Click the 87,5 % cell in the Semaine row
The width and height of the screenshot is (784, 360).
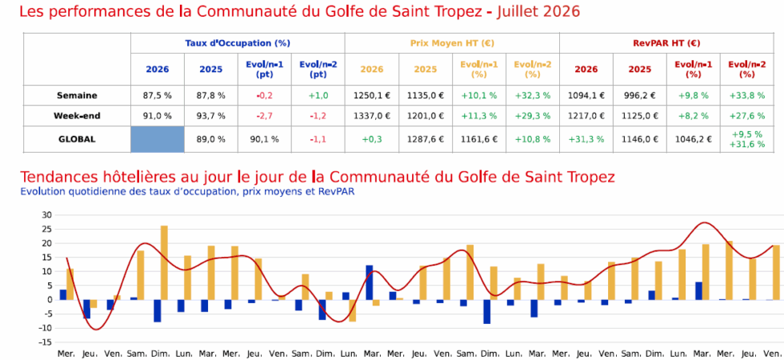pyautogui.click(x=158, y=95)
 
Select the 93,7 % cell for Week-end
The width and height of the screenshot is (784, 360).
pyautogui.click(x=211, y=116)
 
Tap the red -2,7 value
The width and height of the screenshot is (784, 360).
pyautogui.click(x=265, y=116)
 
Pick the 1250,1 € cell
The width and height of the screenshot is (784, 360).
pyautogui.click(x=371, y=95)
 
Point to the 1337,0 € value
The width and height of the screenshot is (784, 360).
pyautogui.click(x=371, y=116)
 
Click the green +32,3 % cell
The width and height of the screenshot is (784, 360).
pyautogui.click(x=533, y=95)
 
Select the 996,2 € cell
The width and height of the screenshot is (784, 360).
pyautogui.click(x=639, y=95)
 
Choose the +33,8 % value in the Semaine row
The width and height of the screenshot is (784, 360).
pyautogui.click(x=746, y=95)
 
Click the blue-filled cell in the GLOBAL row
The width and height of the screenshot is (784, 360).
pyautogui.click(x=158, y=139)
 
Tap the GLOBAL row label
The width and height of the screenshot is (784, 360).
pyautogui.click(x=77, y=139)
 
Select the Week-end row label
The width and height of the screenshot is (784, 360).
pyautogui.click(x=77, y=116)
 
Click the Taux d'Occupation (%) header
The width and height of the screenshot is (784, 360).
pyautogui.click(x=238, y=43)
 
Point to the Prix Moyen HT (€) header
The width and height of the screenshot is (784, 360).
pyautogui.click(x=452, y=43)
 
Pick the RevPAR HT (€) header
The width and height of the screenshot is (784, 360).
pyautogui.click(x=666, y=43)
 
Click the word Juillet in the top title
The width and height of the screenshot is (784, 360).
pyautogui.click(x=518, y=11)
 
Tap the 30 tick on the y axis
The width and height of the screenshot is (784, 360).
pyautogui.click(x=46, y=215)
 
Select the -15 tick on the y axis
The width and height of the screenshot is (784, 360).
pyautogui.click(x=45, y=342)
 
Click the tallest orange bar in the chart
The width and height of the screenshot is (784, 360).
pyautogui.click(x=164, y=263)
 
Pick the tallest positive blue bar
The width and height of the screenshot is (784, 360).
pyautogui.click(x=369, y=282)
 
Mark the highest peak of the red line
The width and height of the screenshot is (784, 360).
pyautogui.click(x=704, y=222)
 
